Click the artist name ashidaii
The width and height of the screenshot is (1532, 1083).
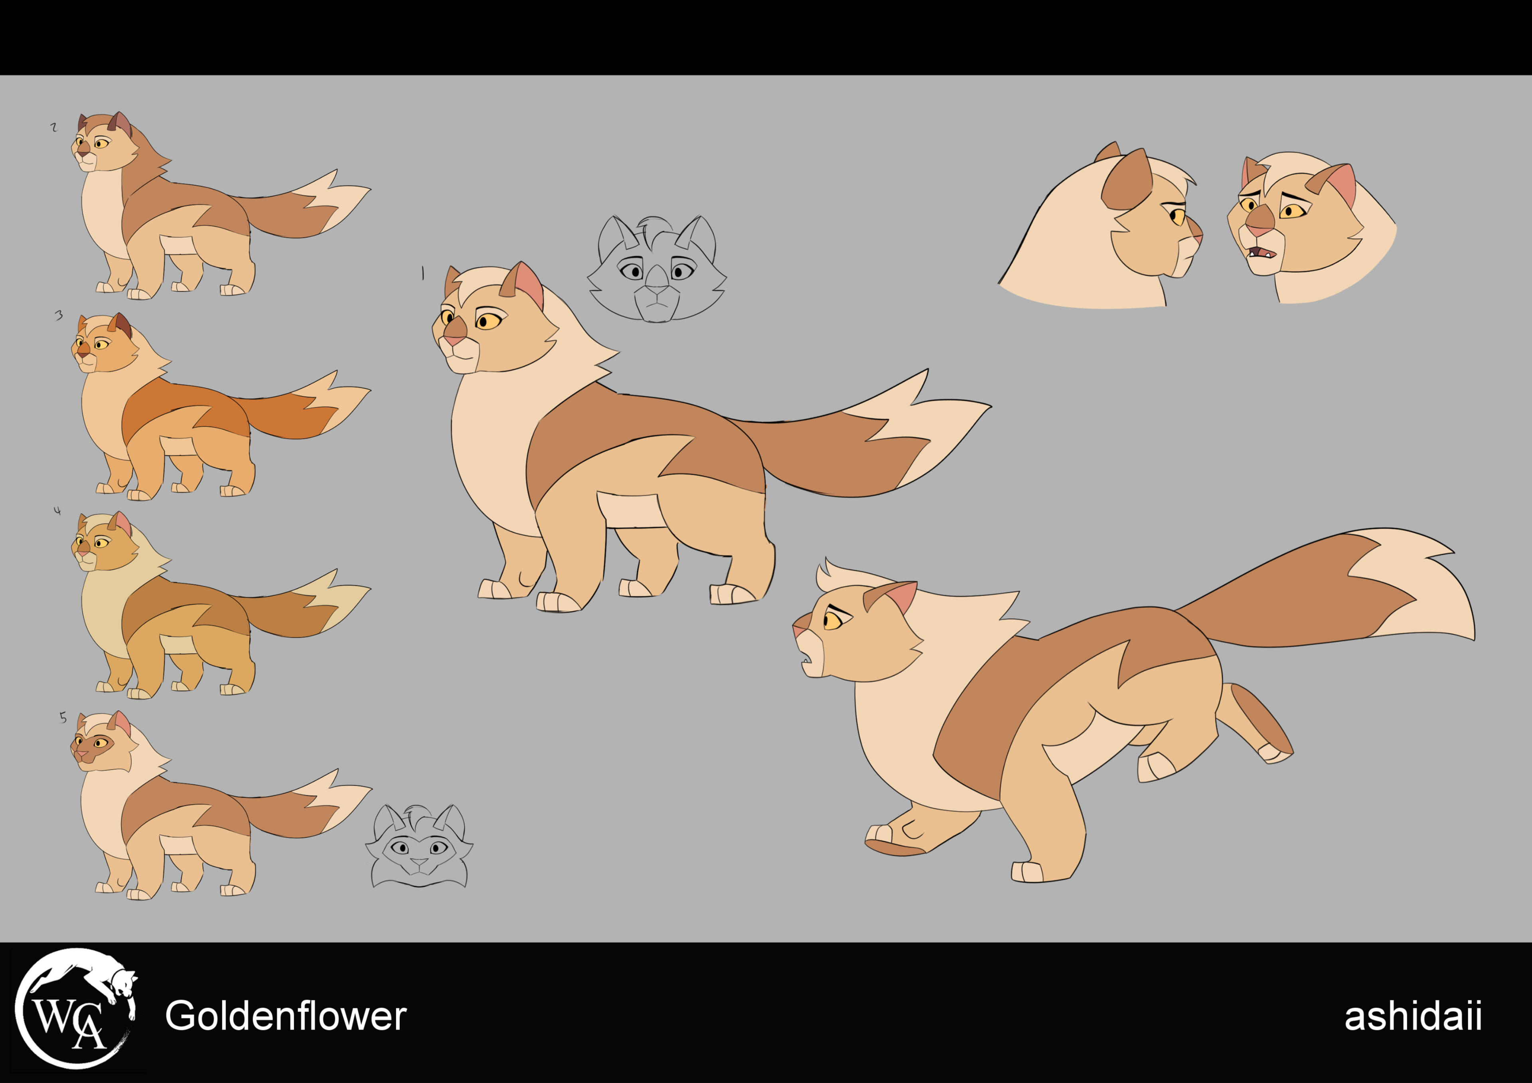(1413, 1016)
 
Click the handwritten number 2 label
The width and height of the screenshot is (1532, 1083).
(54, 127)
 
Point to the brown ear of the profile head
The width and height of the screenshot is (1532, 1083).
(1126, 180)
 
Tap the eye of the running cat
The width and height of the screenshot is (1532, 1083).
(832, 620)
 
